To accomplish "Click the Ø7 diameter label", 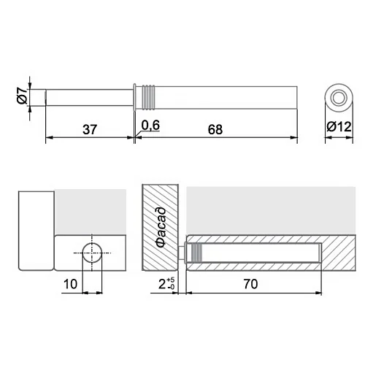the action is pyautogui.click(x=22, y=96).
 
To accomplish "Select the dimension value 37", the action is pyautogui.click(x=90, y=129).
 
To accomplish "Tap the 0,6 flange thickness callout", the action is pyautogui.click(x=150, y=126).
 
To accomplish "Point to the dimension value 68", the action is pyautogui.click(x=215, y=129).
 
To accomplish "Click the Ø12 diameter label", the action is pyautogui.click(x=339, y=127).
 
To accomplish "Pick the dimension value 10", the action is pyautogui.click(x=70, y=284).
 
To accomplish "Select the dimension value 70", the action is pyautogui.click(x=250, y=284).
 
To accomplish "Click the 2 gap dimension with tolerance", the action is pyautogui.click(x=166, y=284).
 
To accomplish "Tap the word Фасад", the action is pyautogui.click(x=161, y=227).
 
